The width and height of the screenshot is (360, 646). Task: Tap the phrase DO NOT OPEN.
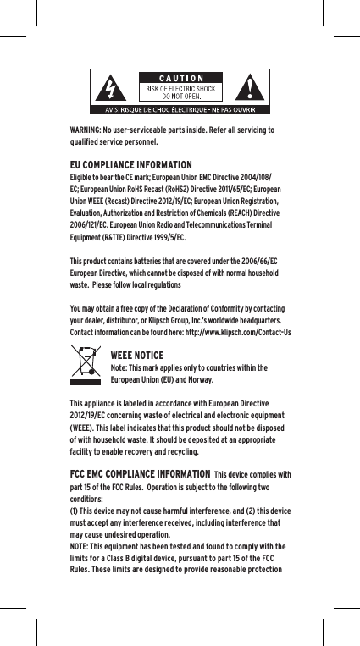coord(183,96)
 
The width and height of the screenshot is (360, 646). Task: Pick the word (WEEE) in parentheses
coord(83,428)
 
